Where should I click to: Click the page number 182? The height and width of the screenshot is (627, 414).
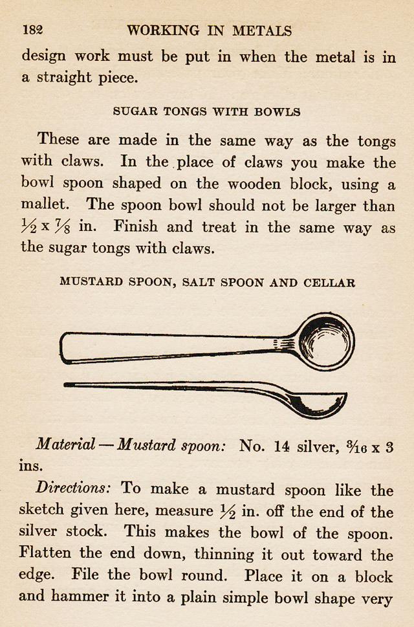coord(32,30)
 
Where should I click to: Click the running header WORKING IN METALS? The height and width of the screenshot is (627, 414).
coord(209,30)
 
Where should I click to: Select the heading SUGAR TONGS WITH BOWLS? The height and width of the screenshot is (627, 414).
coord(206,111)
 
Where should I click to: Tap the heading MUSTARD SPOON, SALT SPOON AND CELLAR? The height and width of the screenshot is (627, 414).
coord(207,282)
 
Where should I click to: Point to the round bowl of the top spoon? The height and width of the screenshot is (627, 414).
coord(327,340)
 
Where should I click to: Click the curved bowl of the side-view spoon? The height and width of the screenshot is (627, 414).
coord(317,405)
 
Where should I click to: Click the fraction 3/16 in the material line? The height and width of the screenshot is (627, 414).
coord(357,445)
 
